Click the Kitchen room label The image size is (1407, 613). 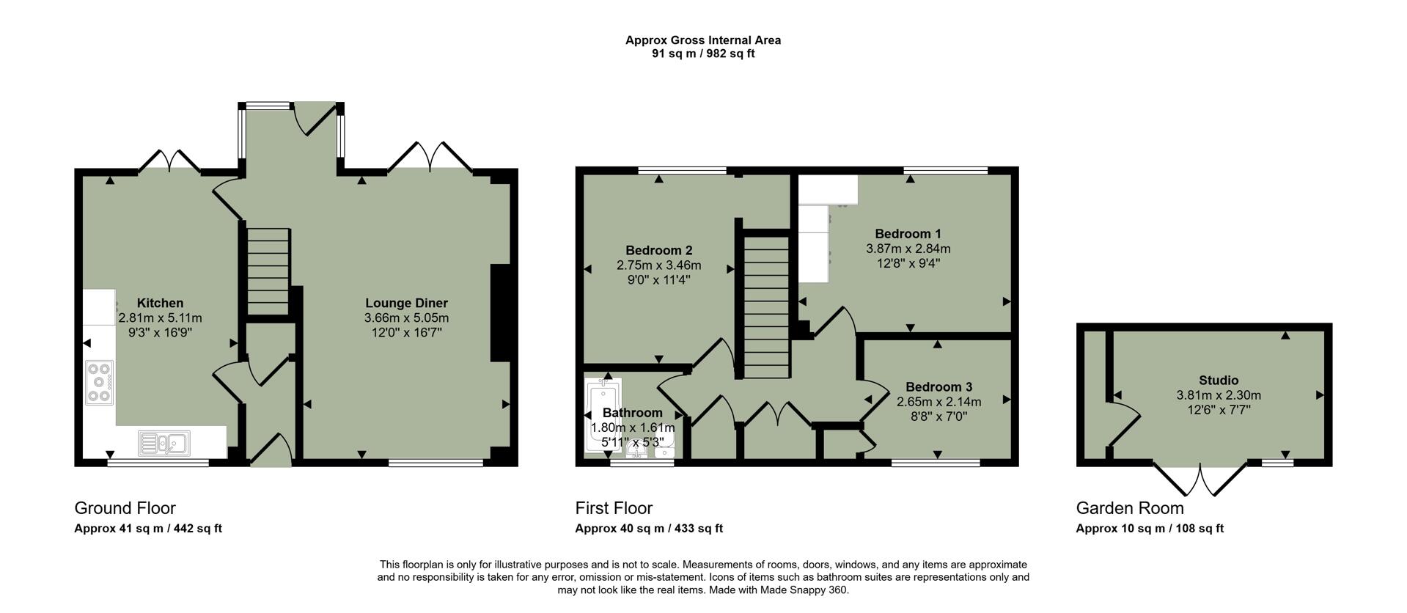click(160, 303)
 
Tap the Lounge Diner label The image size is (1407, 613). click(406, 303)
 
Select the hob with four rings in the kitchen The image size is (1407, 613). click(99, 383)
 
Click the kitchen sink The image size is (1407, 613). click(165, 442)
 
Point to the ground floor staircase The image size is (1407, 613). click(268, 271)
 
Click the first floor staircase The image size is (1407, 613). click(766, 305)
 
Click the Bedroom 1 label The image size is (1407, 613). click(908, 234)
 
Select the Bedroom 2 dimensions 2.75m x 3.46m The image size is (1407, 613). click(658, 265)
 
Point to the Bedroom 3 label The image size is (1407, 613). click(938, 387)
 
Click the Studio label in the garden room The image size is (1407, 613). click(1219, 380)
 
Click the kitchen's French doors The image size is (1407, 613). click(169, 160)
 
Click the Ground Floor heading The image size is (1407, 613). click(125, 508)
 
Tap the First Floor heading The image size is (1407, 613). click(614, 508)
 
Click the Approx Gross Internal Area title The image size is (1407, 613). click(702, 40)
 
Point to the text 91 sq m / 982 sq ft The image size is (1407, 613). click(702, 54)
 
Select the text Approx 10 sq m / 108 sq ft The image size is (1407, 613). click(1149, 528)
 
